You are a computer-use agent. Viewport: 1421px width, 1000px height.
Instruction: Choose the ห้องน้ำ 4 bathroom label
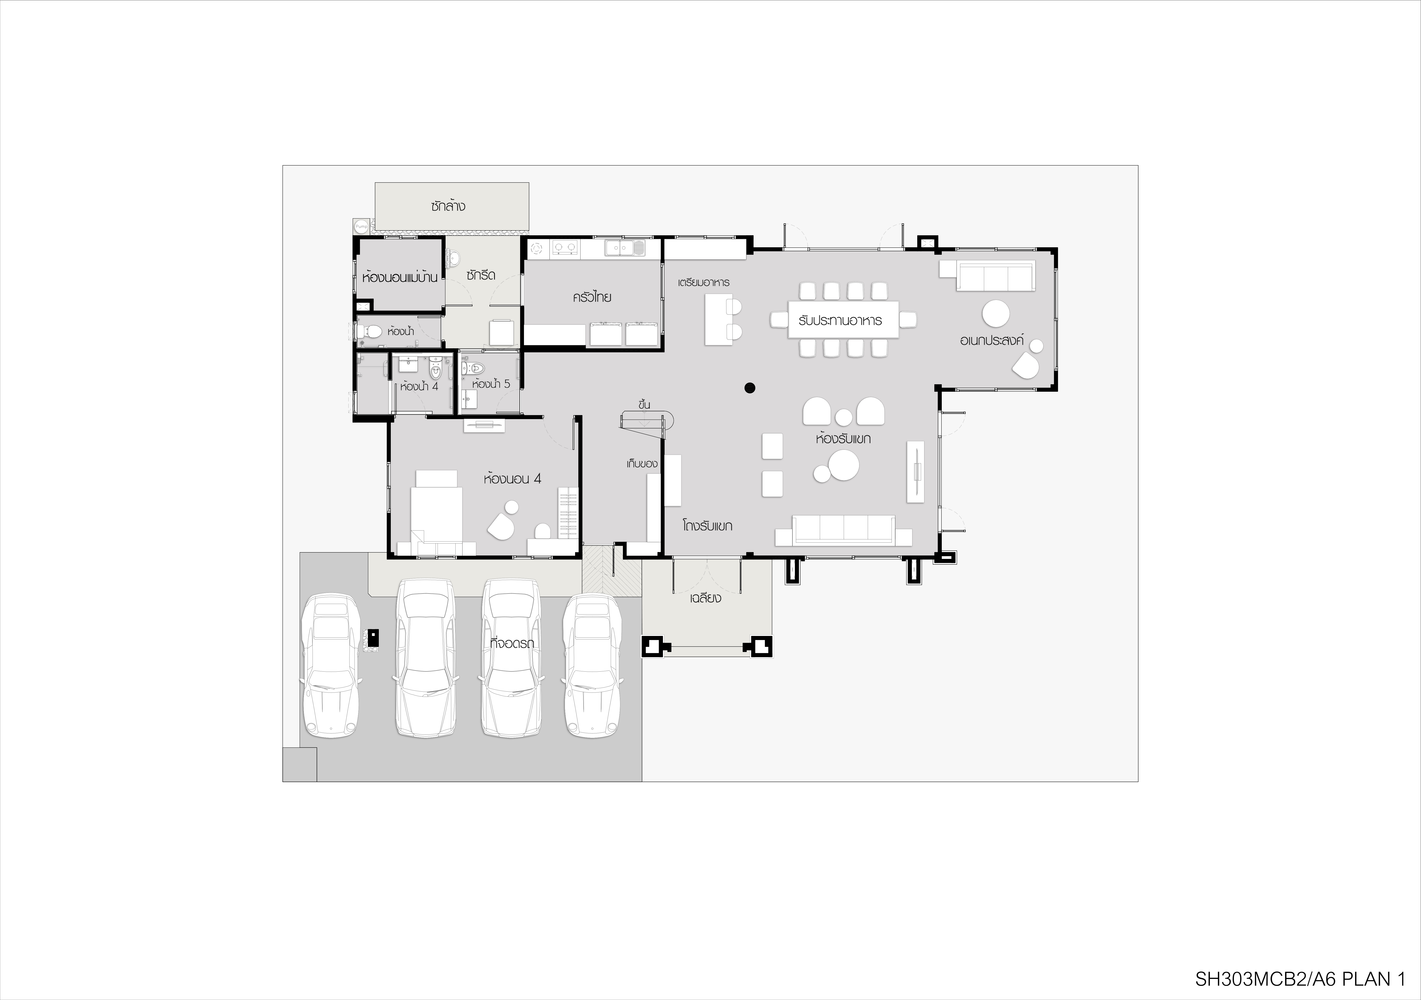coord(419,386)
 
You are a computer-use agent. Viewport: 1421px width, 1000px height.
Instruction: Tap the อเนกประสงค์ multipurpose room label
coord(992,340)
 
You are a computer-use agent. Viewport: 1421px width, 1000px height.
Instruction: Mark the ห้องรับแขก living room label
coord(843,438)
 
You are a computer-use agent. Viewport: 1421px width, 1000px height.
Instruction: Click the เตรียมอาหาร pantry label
coord(704,282)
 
